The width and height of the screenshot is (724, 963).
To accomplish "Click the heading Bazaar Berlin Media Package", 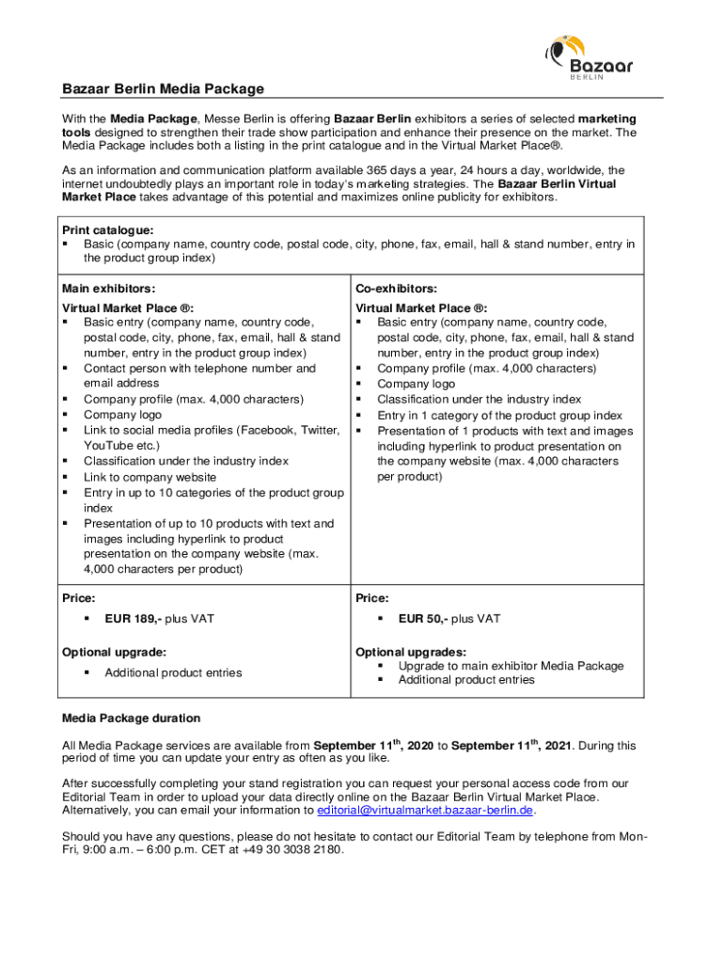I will (163, 89).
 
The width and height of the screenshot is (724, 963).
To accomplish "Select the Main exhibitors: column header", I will (108, 289).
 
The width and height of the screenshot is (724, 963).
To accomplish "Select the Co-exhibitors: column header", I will (396, 289).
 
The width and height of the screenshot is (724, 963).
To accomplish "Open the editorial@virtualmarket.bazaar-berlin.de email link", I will (426, 811).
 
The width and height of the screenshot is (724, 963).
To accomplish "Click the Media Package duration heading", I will (131, 718).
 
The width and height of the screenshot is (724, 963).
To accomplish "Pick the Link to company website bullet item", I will (150, 477).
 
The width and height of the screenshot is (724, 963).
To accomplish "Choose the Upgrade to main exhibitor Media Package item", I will (511, 666).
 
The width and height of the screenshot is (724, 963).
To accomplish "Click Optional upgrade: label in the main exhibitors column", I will (114, 652).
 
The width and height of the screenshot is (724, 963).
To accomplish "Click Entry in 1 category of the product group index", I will (499, 415).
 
